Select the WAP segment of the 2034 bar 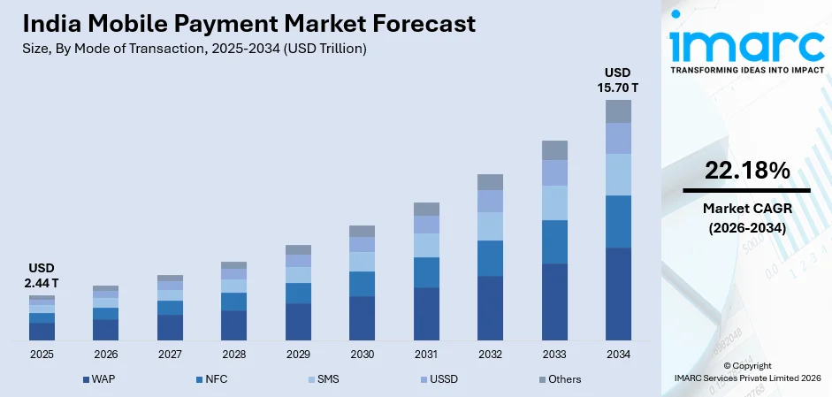pos(618,294)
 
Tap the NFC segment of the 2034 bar pos(618,221)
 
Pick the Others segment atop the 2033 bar pos(554,149)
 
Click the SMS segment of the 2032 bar pos(490,226)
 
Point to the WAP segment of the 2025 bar pos(42,332)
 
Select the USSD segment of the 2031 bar pos(426,225)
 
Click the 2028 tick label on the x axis pos(233,355)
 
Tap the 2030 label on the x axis pos(362,355)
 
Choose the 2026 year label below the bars pos(105,355)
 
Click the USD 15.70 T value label pos(619,80)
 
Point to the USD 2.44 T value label pos(42,275)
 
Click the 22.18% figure pos(746,172)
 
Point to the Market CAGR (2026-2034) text pos(746,218)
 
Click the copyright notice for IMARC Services pos(746,371)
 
